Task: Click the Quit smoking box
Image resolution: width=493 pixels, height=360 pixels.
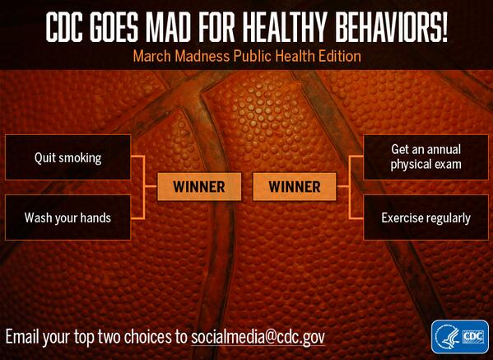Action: [x=67, y=157]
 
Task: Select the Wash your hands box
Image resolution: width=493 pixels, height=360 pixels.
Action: [x=67, y=217]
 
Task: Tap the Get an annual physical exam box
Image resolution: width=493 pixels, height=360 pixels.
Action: [x=426, y=157]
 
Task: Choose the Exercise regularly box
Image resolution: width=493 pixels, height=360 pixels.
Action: [x=426, y=217]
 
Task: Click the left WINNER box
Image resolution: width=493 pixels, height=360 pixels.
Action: [x=199, y=187]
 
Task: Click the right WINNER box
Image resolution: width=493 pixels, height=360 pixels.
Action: [x=294, y=187]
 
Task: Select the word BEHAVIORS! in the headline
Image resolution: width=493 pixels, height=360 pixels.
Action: [x=392, y=27]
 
